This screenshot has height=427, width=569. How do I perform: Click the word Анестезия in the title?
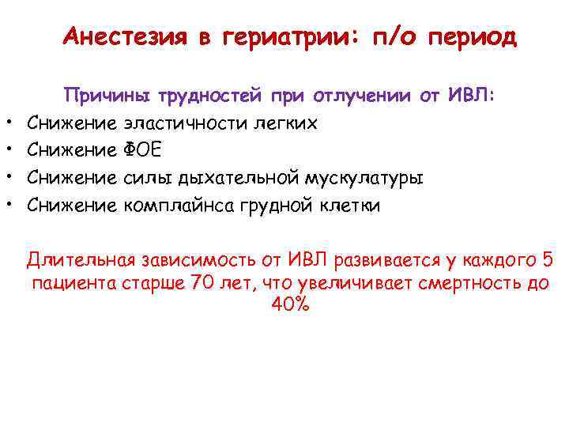click(124, 37)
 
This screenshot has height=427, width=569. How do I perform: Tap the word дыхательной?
click(254, 179)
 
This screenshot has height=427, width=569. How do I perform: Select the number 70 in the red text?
click(204, 284)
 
